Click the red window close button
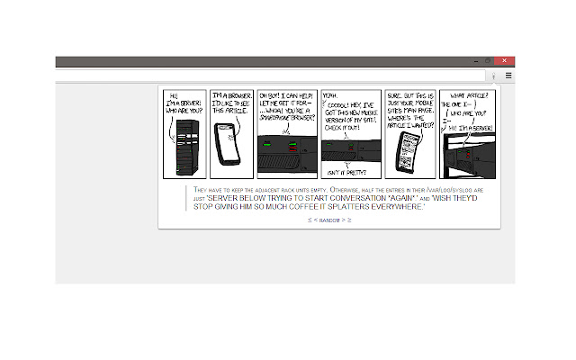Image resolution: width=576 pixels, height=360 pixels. pos(505,61)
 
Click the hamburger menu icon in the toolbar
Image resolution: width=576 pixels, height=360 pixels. pos(508,76)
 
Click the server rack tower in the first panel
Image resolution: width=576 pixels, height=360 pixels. pos(184,148)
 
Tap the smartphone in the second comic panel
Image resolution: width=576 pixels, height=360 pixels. pos(229,144)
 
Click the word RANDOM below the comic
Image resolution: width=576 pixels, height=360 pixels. pos(329,220)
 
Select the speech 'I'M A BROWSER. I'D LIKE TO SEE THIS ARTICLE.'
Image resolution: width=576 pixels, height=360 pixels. pos(229,103)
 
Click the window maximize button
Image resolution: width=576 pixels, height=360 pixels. pos(488,61)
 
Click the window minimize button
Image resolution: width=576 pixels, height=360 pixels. pos(475,61)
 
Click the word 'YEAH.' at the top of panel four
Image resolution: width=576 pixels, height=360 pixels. pos(332,94)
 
